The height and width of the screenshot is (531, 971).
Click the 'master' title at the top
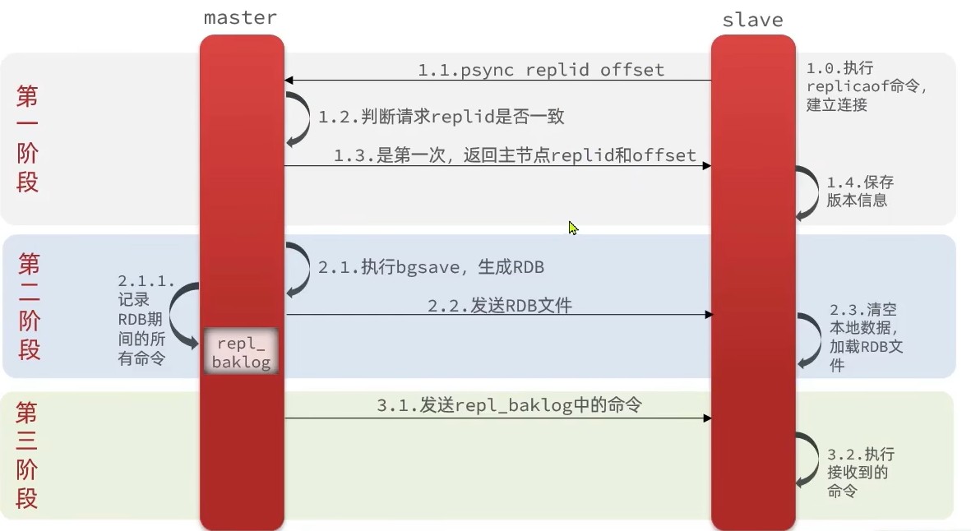click(x=240, y=17)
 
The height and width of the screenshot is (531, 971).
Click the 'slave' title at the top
click(x=752, y=21)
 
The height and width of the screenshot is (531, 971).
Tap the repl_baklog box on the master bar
click(x=242, y=352)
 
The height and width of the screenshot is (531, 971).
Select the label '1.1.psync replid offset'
click(x=540, y=70)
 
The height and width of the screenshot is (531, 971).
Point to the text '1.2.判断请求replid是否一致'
click(x=442, y=116)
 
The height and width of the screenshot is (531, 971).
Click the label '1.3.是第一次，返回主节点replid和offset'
click(x=515, y=155)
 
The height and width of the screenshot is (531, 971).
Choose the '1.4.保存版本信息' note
click(x=860, y=191)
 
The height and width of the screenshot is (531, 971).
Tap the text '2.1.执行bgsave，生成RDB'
click(x=431, y=267)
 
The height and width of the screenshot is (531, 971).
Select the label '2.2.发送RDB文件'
click(x=499, y=305)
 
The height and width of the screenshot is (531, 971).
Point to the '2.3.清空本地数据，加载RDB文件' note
click(x=866, y=336)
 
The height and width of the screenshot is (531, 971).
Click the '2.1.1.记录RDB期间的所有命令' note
click(x=146, y=319)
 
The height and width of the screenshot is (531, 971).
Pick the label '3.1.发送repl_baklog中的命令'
click(x=509, y=404)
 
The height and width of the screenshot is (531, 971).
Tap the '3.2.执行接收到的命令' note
click(x=861, y=472)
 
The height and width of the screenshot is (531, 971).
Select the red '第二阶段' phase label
click(x=29, y=306)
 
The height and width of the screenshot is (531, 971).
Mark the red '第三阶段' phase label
click(x=27, y=455)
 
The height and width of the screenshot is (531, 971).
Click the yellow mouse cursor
click(x=573, y=228)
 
